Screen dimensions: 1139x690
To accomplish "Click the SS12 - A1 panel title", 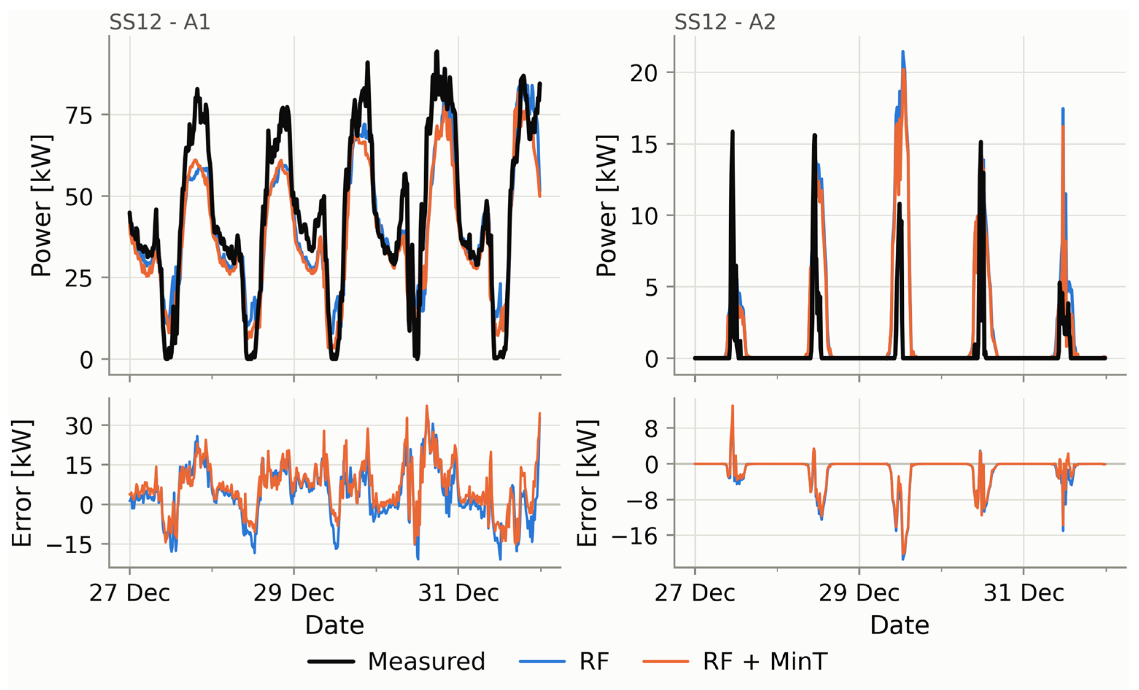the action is point(159,22).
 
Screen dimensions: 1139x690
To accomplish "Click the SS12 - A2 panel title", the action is point(725,22).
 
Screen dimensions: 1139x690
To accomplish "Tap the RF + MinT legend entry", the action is point(735,661).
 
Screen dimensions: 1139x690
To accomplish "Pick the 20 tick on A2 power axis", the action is point(644,73).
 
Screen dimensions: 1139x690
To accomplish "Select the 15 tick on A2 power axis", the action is point(644,144).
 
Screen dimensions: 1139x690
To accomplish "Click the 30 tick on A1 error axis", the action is point(79,426).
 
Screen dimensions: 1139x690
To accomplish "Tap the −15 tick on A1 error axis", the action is point(70,545).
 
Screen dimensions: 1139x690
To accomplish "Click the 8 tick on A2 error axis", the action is point(651,429).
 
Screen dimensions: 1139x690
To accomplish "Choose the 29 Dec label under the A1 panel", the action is point(294,593).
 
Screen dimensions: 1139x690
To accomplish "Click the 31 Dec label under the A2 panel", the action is point(1023,593).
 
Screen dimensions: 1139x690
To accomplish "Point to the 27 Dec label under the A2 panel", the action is point(694,593).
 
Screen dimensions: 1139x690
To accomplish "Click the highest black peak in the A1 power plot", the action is point(436,52).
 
